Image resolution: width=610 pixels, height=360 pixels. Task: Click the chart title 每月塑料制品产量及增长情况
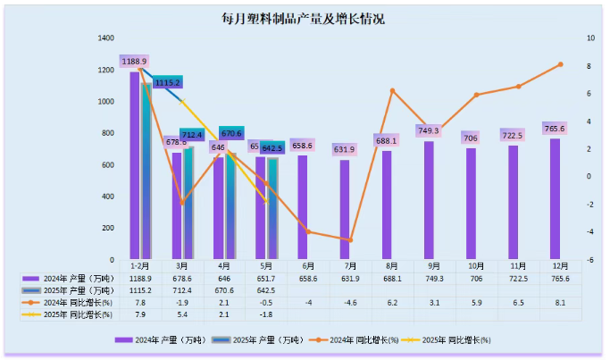304,19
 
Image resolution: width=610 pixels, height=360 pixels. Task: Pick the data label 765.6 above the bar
555,128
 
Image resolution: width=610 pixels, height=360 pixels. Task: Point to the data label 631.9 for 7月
345,149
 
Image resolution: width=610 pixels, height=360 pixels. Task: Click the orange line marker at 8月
392,91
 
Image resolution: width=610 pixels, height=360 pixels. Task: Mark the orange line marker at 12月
560,64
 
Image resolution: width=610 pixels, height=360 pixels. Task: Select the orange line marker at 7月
350,240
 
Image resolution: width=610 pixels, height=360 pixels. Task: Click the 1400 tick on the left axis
106,38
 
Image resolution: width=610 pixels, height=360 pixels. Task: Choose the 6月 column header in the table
308,266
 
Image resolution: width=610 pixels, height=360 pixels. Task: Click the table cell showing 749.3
434,279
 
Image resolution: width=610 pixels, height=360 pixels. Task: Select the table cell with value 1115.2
140,290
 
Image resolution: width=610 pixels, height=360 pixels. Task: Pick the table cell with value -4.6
350,302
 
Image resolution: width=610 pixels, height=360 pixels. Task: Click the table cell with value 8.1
560,302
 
